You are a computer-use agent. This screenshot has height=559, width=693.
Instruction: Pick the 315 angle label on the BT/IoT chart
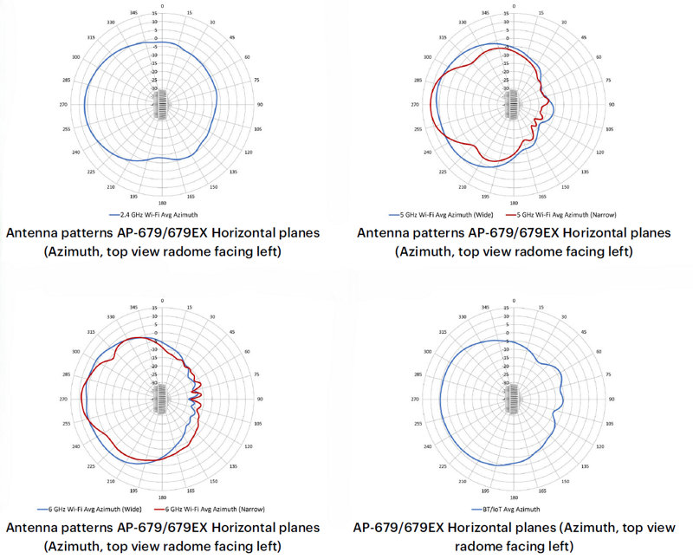(x=442, y=331)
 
